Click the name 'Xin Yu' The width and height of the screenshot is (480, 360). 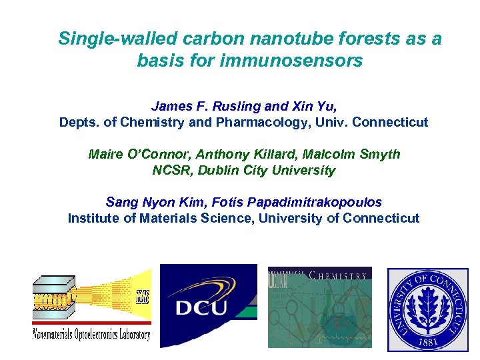[x=313, y=107]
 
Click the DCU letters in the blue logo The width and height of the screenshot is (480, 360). [x=201, y=308]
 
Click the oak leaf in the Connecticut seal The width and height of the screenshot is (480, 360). [x=429, y=305]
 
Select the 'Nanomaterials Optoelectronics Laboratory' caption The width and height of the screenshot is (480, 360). [x=91, y=334]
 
